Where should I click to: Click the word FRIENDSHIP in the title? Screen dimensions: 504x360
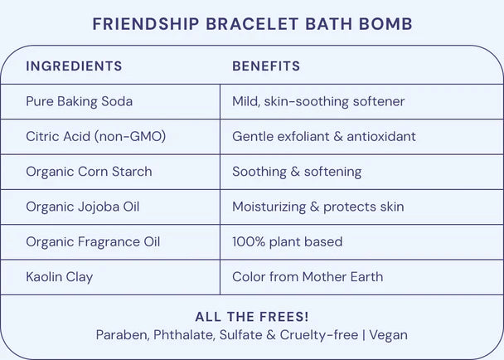click(x=146, y=24)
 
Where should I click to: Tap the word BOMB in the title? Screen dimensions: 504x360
click(x=385, y=24)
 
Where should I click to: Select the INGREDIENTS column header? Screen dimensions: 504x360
click(x=74, y=66)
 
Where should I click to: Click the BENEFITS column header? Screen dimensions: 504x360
click(x=266, y=66)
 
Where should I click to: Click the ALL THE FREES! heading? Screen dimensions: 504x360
click(x=252, y=317)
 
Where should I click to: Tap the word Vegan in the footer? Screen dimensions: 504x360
click(x=388, y=335)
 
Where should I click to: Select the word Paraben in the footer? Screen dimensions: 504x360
click(x=123, y=335)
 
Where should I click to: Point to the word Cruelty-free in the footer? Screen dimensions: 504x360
click(x=319, y=335)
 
